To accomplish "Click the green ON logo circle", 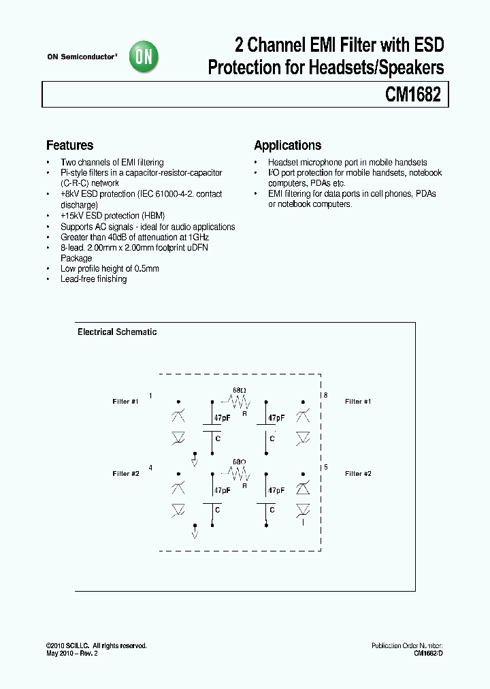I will (144, 57).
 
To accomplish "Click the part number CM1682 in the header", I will (413, 95).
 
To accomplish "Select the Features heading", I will (69, 145).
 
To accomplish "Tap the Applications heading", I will (287, 145).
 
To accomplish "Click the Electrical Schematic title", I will (117, 332).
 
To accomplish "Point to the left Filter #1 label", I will (125, 402).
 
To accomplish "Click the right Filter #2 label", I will (358, 474).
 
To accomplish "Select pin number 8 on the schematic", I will (325, 396).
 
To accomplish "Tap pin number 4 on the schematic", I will (150, 468).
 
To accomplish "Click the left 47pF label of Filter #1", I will (222, 418).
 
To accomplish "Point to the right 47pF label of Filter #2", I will (276, 490).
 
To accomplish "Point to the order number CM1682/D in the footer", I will (429, 654).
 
